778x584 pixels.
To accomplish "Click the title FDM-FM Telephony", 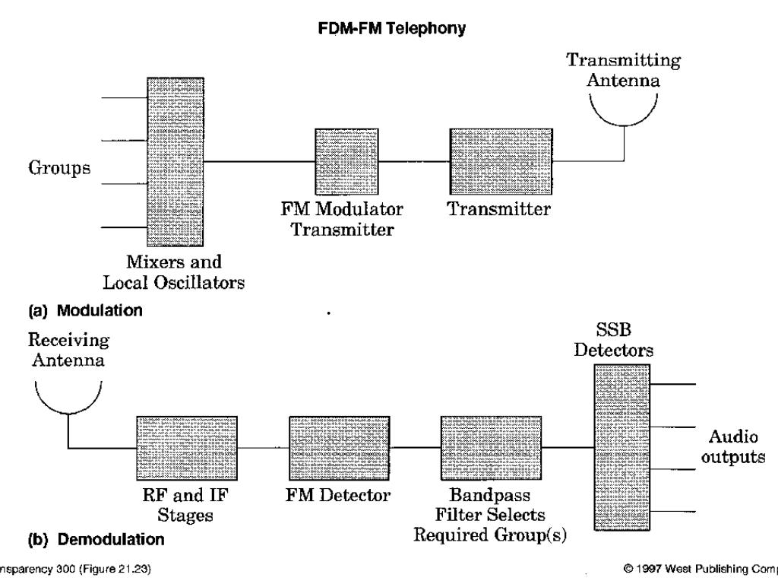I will pyautogui.click(x=388, y=29).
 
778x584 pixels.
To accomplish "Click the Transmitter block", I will pyautogui.click(x=501, y=161).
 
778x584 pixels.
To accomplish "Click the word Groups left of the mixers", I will pyautogui.click(x=59, y=169).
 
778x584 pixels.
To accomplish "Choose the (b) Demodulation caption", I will pyautogui.click(x=96, y=541).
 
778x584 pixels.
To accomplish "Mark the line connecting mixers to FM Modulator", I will pyautogui.click(x=259, y=161).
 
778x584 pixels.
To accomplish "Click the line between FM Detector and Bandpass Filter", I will pyautogui.click(x=416, y=447).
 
